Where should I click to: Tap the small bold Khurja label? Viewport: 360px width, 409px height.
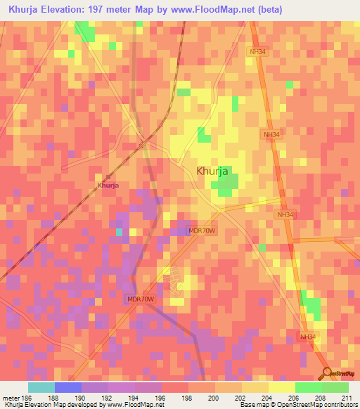pos(108,186)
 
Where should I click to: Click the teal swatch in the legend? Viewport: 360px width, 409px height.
pos(41,387)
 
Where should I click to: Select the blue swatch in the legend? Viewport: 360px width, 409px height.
pos(68,387)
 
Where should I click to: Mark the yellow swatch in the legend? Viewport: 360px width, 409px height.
pos(282,387)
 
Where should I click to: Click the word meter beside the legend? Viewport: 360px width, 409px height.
pos(8,397)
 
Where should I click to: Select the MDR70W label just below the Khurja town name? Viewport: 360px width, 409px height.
pos(201,231)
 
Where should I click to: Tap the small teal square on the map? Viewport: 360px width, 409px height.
pos(120,232)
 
